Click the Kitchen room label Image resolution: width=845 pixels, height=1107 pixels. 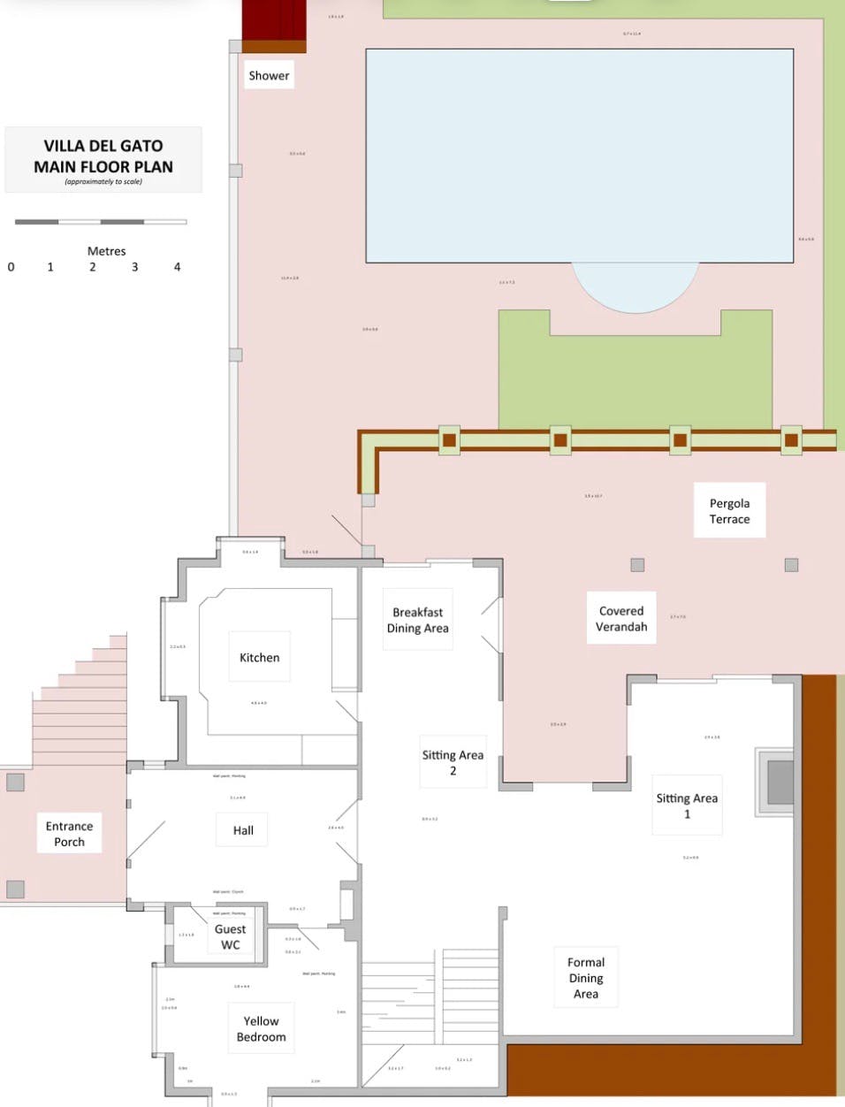[259, 658]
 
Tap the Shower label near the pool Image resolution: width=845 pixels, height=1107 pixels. [269, 76]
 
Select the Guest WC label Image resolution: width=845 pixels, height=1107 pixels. [230, 936]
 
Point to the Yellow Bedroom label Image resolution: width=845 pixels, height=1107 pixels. [261, 1028]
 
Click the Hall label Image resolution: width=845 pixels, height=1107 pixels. [243, 830]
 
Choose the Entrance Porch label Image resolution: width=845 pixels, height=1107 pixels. [69, 834]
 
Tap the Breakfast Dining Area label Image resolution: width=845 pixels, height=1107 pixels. [417, 620]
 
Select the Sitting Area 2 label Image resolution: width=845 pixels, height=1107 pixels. [453, 762]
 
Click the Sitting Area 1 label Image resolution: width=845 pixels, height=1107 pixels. [687, 805]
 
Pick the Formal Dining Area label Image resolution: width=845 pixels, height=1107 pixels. [585, 978]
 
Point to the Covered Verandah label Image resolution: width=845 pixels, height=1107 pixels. [621, 618]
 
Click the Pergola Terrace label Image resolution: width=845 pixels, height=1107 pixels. [729, 511]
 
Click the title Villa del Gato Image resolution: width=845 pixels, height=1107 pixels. [103, 146]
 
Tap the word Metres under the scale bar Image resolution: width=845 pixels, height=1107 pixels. [106, 251]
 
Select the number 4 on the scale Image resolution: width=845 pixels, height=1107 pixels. [177, 267]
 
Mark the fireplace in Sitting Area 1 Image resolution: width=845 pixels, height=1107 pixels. [779, 782]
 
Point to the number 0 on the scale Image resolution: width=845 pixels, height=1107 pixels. [11, 267]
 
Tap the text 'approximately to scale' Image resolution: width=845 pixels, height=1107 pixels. [103, 182]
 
